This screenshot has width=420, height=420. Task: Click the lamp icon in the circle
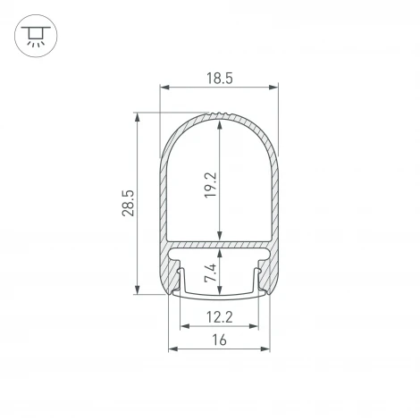pyautogui.click(x=33, y=35)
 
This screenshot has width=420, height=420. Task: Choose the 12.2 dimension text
pyautogui.click(x=219, y=316)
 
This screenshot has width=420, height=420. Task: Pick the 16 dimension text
pyautogui.click(x=219, y=340)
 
